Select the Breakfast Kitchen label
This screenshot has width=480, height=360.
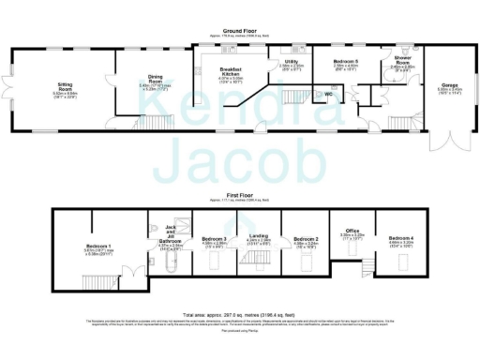coord(230,72)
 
